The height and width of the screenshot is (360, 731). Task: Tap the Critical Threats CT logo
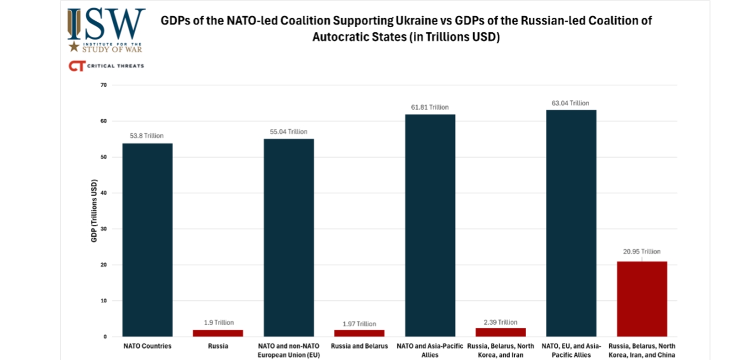(x=76, y=66)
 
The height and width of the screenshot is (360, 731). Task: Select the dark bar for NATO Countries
(x=148, y=240)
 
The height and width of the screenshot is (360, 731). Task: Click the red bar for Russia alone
(x=218, y=333)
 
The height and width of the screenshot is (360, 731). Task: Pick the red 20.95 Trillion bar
(x=642, y=299)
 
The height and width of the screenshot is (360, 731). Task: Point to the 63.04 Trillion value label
(x=570, y=103)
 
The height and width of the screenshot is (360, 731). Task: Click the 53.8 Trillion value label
(x=147, y=136)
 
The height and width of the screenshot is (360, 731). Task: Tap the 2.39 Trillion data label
(x=500, y=323)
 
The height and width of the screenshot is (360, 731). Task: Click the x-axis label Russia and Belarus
(x=359, y=346)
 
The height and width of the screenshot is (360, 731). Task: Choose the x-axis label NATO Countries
(x=147, y=346)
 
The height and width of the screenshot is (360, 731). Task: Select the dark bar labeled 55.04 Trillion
(x=289, y=237)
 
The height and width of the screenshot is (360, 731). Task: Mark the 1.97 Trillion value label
(x=359, y=324)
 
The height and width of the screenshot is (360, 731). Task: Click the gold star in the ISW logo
(x=74, y=46)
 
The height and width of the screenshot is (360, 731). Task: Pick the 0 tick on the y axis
(x=105, y=337)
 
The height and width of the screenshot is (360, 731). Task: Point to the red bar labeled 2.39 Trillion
(x=501, y=332)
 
